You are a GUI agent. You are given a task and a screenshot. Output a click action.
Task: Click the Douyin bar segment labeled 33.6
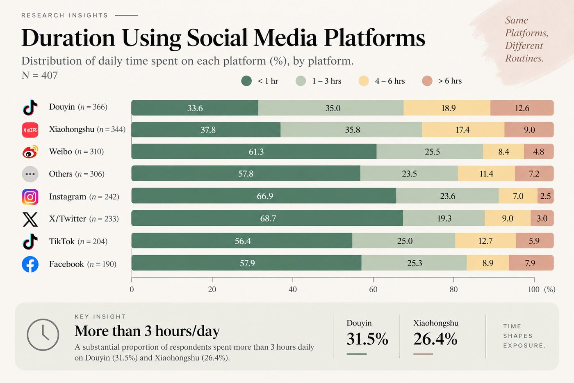[195, 108]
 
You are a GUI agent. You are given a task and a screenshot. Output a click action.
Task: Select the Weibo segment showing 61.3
[254, 151]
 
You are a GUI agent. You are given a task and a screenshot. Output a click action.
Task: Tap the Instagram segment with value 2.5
[546, 196]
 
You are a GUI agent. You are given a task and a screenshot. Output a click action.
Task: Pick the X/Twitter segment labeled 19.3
[444, 218]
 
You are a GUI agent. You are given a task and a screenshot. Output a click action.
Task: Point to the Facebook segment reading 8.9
[487, 263]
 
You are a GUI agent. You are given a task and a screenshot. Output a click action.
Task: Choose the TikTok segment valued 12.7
[485, 241]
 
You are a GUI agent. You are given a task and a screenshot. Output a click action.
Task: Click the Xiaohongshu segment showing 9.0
[529, 130]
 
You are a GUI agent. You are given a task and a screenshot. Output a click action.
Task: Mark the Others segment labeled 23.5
[409, 173]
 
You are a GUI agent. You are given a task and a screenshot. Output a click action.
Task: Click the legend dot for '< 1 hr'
[246, 81]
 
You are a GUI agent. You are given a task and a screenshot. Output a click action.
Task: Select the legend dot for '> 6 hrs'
[427, 81]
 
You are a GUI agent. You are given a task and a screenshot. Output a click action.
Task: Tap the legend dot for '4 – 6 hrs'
[364, 81]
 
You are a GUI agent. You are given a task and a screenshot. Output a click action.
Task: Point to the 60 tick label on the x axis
[373, 289]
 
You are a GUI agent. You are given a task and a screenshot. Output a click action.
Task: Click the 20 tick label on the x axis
[212, 289]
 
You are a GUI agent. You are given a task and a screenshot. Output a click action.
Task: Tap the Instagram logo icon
[30, 197]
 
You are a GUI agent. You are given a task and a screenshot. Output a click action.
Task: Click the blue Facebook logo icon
[30, 264]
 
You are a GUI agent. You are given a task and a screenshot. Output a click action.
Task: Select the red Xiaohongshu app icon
[30, 130]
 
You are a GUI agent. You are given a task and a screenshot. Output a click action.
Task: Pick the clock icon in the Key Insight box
[43, 335]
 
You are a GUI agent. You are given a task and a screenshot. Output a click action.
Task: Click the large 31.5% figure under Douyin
[367, 339]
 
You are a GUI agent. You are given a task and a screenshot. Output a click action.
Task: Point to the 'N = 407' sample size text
[40, 76]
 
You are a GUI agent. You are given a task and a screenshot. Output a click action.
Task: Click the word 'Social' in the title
[218, 38]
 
